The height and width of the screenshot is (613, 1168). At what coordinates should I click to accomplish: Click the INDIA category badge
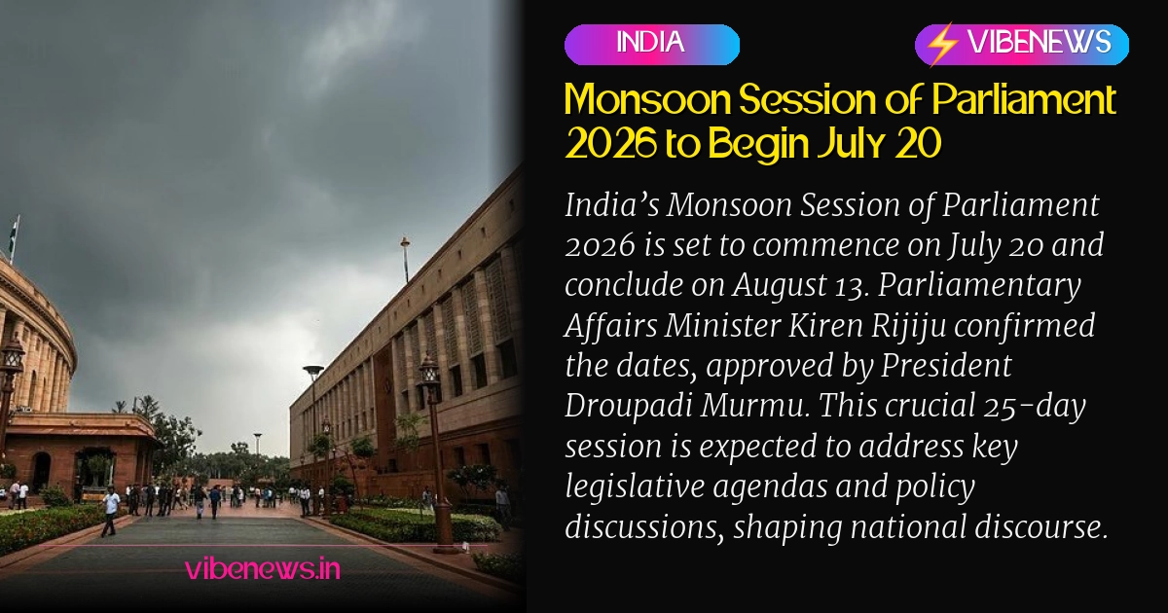pos(652,45)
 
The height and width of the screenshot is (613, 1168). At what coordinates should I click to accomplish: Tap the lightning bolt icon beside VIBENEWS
pos(942,44)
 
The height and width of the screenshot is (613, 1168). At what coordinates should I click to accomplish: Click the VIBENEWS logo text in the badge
pos(1040,42)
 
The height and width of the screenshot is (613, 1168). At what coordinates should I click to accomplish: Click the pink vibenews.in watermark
pos(262,569)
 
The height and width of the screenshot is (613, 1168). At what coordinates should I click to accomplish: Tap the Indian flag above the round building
pos(14,233)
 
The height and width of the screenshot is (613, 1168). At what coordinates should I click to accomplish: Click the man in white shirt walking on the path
pos(111,512)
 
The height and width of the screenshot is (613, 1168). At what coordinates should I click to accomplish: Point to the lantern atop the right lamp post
pos(429,371)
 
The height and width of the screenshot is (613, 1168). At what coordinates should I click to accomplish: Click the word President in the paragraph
pos(946,366)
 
